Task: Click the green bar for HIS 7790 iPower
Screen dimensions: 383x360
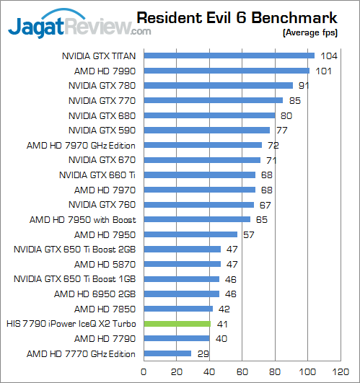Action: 177,324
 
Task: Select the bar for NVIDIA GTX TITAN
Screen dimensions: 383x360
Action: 229,56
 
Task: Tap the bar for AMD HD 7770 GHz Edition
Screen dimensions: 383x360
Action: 168,353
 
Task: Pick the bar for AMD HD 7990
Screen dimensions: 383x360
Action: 227,71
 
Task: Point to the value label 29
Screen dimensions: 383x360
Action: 203,353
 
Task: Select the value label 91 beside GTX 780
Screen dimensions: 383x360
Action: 304,86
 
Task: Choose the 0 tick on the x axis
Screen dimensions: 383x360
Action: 144,371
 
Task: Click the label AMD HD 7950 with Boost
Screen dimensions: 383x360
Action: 84,219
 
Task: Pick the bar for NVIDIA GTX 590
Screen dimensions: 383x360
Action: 207,130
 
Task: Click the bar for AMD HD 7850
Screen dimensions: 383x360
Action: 179,309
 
